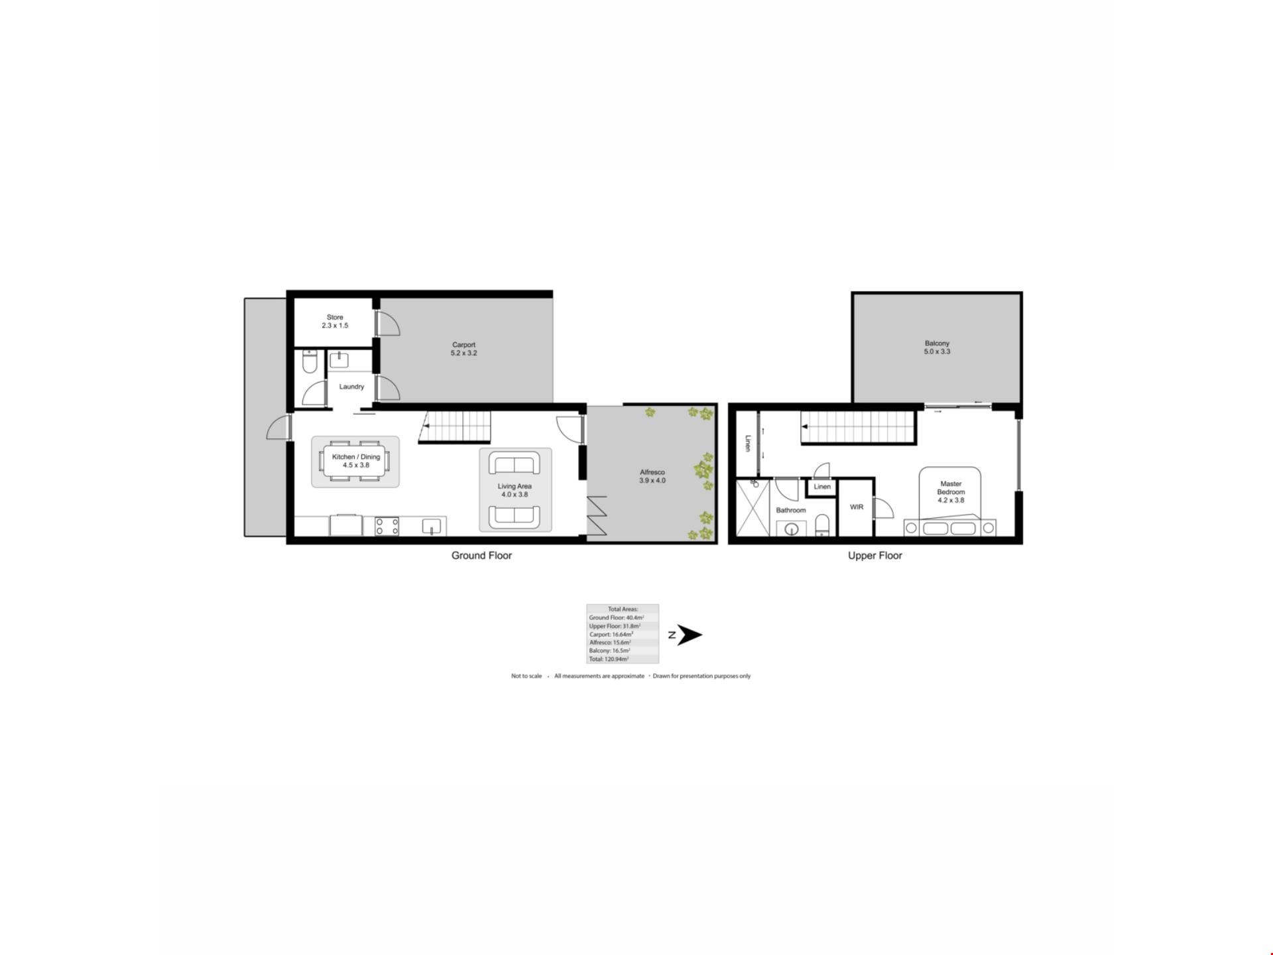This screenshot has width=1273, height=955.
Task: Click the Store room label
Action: click(x=335, y=322)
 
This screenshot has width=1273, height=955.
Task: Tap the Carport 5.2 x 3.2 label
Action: click(x=464, y=349)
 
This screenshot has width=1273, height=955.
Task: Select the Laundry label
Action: click(x=351, y=387)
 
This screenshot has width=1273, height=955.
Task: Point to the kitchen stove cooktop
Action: click(x=387, y=527)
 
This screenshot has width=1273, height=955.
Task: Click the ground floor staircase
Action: click(x=455, y=426)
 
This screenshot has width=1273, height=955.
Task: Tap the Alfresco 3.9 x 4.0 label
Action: click(x=652, y=476)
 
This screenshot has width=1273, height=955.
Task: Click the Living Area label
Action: click(x=515, y=490)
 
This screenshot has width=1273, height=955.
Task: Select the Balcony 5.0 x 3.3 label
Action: click(x=938, y=348)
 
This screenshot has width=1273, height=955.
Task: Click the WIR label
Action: click(x=857, y=507)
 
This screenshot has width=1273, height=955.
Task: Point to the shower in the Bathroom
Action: click(x=753, y=508)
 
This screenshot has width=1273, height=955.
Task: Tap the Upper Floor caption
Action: click(x=875, y=556)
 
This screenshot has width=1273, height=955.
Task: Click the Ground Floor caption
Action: click(x=482, y=556)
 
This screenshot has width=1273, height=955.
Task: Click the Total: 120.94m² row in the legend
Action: click(x=609, y=659)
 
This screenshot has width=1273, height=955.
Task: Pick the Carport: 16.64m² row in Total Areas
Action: click(x=611, y=634)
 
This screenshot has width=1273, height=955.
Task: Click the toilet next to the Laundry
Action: click(x=310, y=363)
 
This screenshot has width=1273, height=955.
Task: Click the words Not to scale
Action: click(x=526, y=676)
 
